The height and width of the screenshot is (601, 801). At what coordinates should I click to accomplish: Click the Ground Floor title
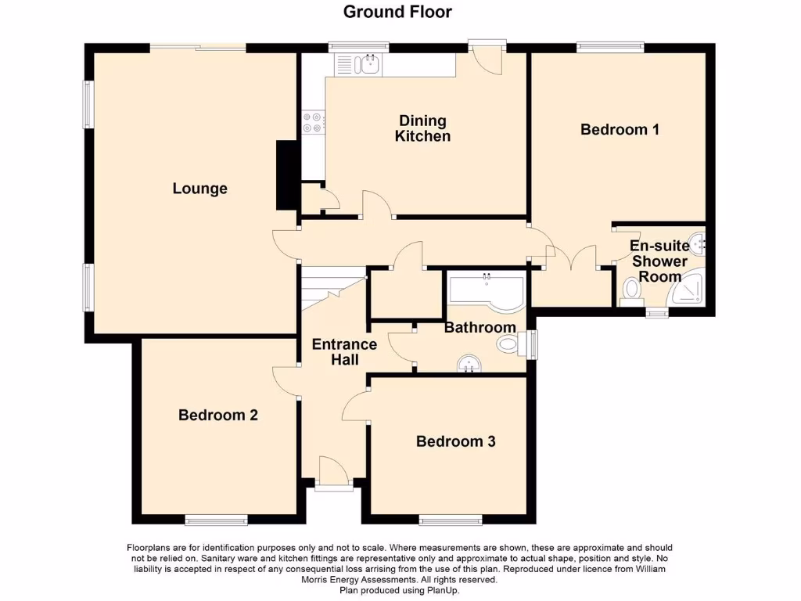click(397, 12)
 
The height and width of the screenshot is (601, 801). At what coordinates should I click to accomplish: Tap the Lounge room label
click(200, 189)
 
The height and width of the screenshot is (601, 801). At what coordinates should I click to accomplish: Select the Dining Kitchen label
click(422, 128)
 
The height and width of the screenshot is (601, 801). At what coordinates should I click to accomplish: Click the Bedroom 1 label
click(620, 129)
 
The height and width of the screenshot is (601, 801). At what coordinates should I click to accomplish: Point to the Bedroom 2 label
click(218, 415)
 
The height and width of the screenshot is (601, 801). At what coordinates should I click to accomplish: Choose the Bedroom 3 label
click(455, 441)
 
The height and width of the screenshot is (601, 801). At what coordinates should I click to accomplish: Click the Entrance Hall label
click(344, 351)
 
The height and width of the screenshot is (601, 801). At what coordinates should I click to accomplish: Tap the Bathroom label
click(480, 327)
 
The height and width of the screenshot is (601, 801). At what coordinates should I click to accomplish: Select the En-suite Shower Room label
click(659, 261)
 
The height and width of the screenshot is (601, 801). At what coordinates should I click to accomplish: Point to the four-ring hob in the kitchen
click(313, 123)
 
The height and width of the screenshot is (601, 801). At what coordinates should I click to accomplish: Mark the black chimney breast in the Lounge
click(286, 175)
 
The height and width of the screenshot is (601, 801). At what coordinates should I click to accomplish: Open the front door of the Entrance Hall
click(333, 474)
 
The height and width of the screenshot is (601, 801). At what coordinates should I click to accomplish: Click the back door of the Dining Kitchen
click(488, 58)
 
